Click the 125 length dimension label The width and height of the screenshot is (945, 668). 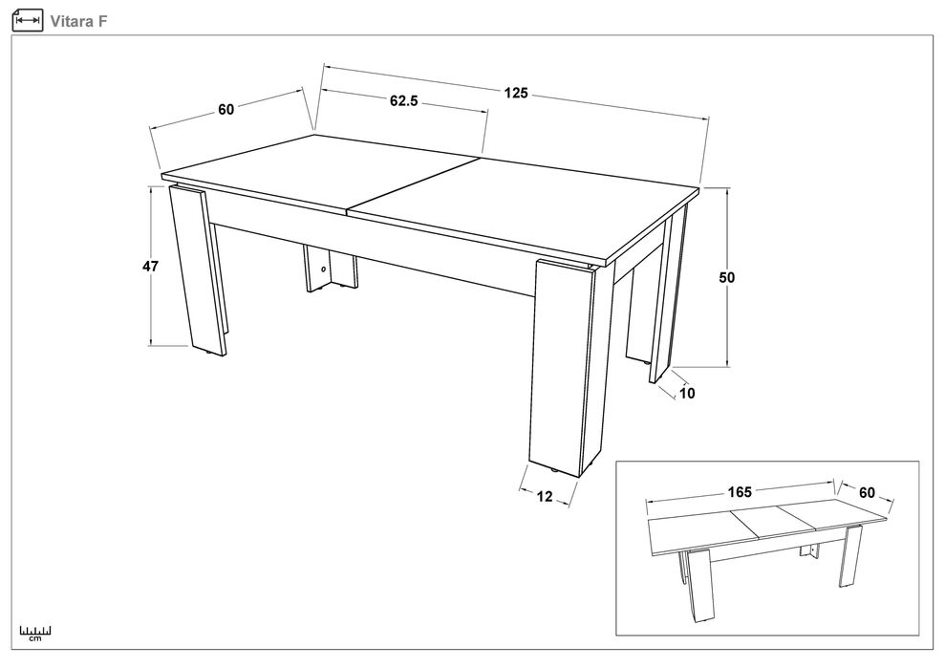[516, 93]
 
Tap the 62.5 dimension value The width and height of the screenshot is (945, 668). [403, 100]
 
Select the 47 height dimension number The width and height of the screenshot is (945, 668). [150, 266]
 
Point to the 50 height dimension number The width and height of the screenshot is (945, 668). [727, 277]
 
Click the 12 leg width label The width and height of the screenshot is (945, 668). [545, 496]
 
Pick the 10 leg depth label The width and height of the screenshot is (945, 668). [686, 394]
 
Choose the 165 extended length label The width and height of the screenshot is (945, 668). [739, 492]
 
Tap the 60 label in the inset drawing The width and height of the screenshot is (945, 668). [867, 492]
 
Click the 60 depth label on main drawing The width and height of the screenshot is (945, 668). [226, 110]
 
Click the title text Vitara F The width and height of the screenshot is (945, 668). [78, 22]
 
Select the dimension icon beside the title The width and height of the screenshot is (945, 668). [28, 20]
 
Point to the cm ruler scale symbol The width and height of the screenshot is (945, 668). [35, 633]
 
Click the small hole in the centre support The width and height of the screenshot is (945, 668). [323, 269]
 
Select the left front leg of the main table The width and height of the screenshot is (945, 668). [197, 269]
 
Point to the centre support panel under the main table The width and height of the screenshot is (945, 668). [331, 269]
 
